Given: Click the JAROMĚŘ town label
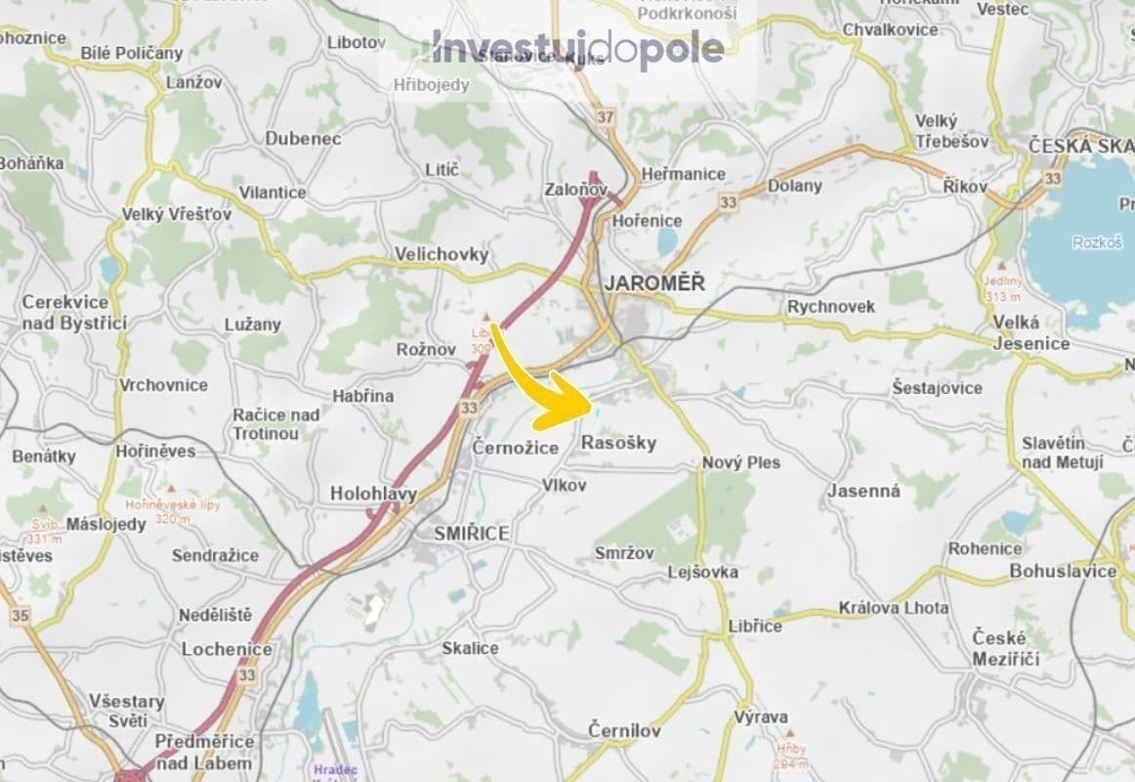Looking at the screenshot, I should [653, 283].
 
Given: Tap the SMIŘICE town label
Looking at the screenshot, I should [474, 534].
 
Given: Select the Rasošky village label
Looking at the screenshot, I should [618, 443].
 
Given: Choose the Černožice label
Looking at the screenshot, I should [515, 447].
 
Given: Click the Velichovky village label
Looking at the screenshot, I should [441, 254].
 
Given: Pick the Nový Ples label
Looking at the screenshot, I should [741, 462].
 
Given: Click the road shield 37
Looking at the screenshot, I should [607, 118].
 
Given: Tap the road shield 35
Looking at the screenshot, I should [20, 616].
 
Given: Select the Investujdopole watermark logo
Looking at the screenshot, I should [578, 47].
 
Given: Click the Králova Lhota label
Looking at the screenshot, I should [893, 608].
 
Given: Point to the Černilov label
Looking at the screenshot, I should [625, 730].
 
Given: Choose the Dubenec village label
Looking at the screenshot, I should [303, 139].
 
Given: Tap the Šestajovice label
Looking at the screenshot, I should [937, 388].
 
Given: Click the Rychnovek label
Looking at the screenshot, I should [831, 307].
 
